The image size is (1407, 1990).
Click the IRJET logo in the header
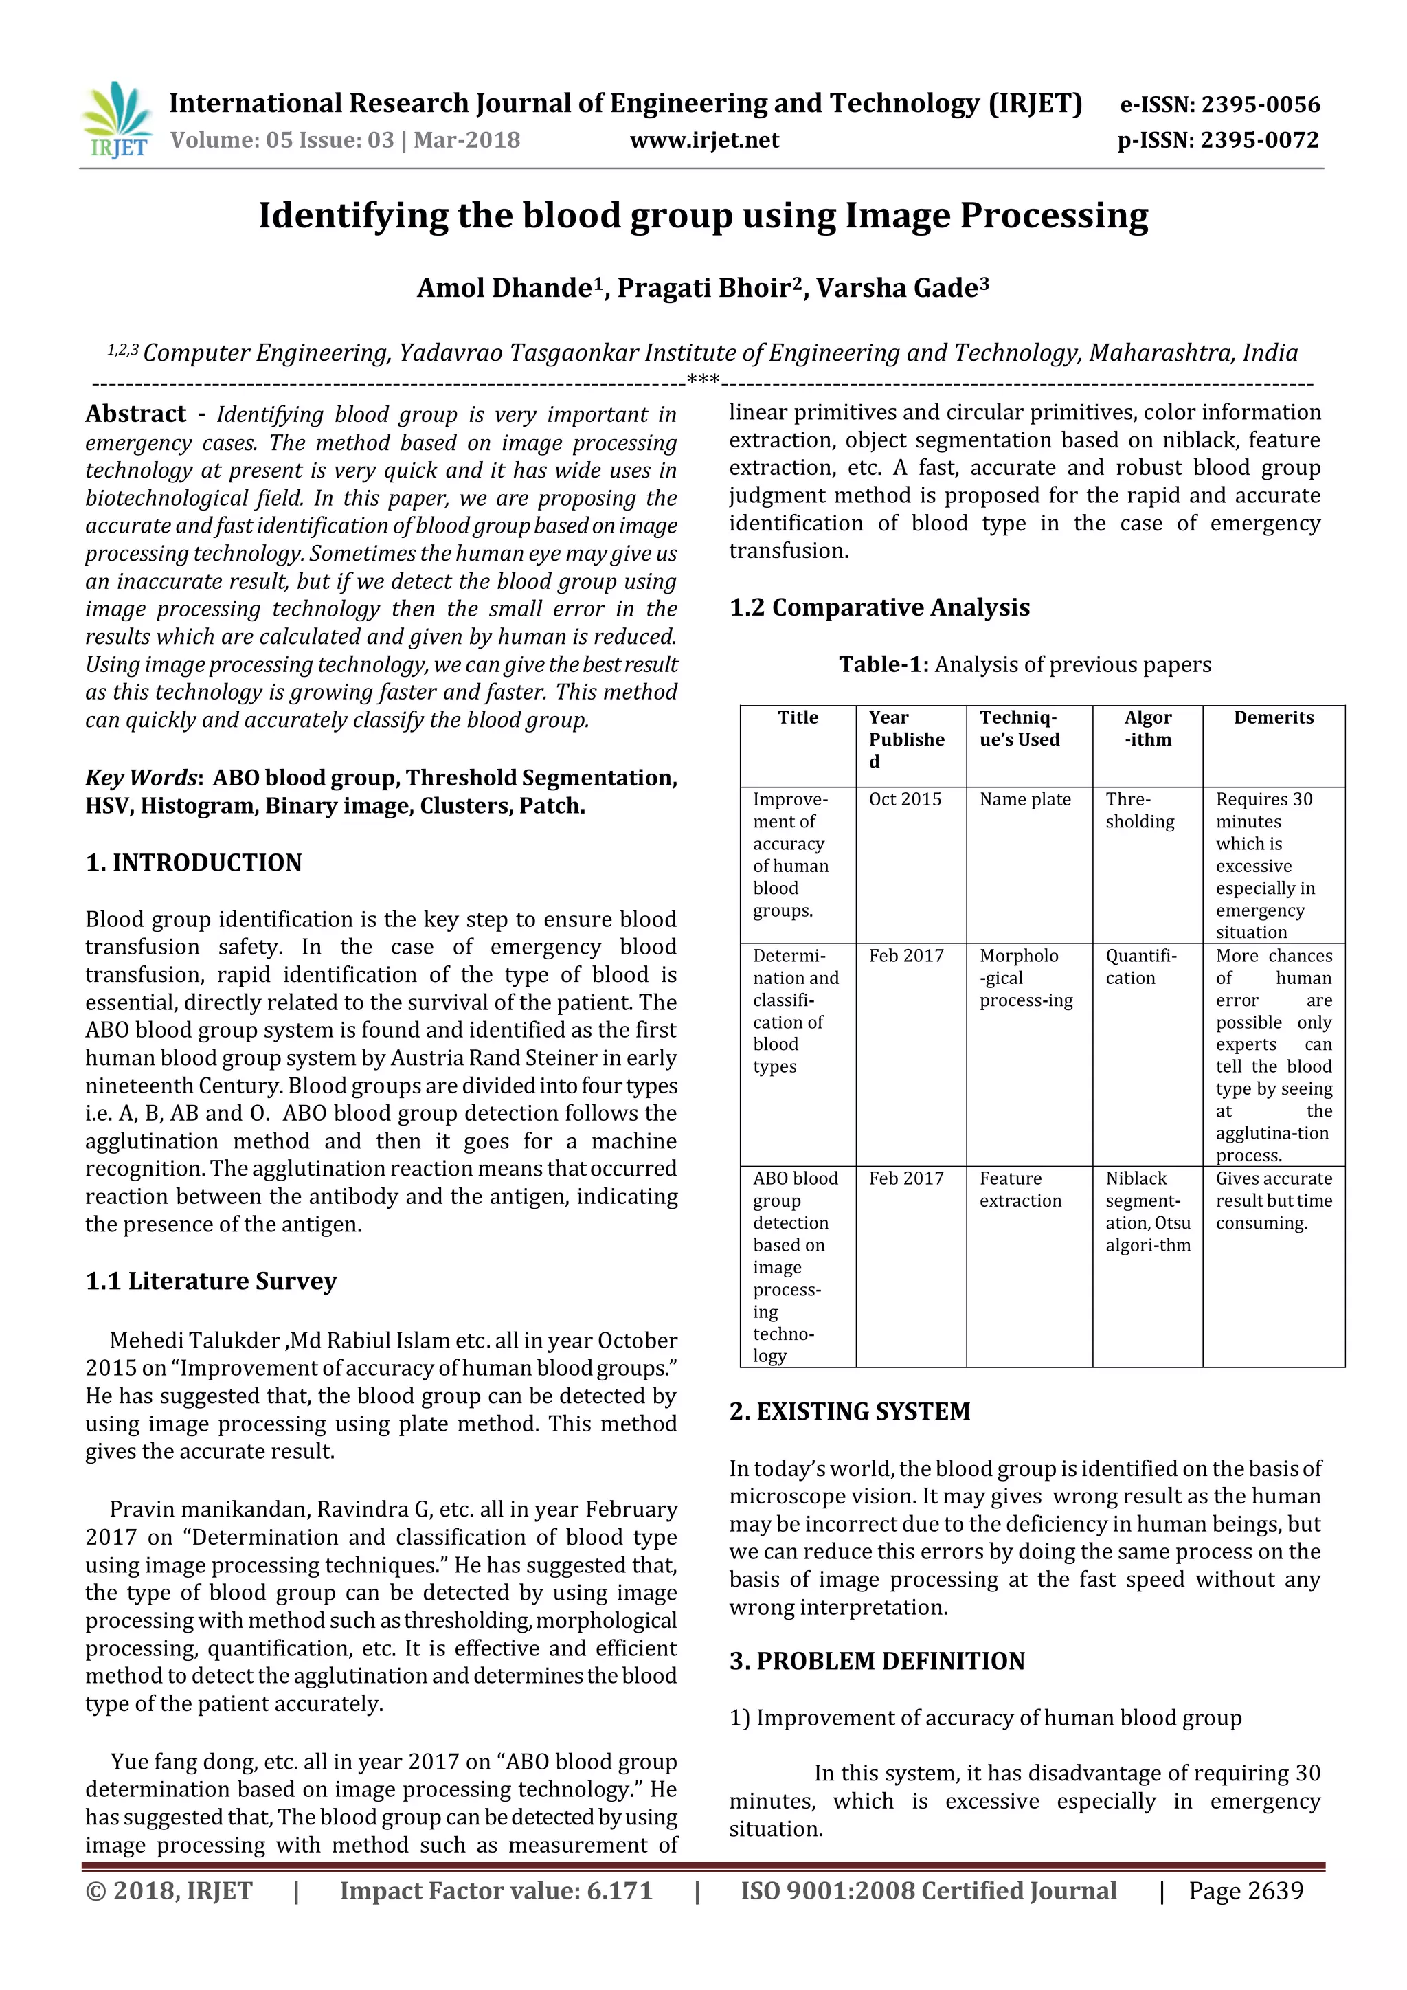[x=117, y=120]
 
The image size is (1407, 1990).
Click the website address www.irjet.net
[x=704, y=140]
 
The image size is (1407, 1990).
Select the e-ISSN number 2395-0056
[x=1261, y=105]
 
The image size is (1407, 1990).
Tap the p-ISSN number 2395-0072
[x=1259, y=140]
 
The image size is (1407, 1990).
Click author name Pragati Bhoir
[x=709, y=289]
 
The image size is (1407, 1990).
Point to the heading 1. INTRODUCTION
[x=194, y=862]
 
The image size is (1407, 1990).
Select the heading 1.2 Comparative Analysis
[x=879, y=607]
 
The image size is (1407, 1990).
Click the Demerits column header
[x=1273, y=717]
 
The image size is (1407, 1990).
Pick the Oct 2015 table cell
[x=905, y=799]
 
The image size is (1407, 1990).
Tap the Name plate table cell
[x=1025, y=799]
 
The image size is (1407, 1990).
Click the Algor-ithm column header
[x=1147, y=728]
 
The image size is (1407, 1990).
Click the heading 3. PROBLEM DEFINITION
[x=877, y=1662]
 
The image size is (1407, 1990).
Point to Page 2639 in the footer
[x=1245, y=1891]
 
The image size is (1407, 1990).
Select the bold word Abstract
[x=136, y=414]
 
